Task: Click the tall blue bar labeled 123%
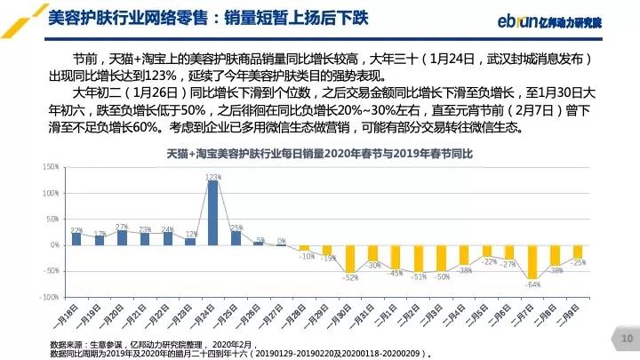pyautogui.click(x=212, y=212)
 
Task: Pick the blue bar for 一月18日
pyautogui.click(x=76, y=238)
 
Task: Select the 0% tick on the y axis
pyautogui.click(x=54, y=244)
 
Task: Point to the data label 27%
pyautogui.click(x=122, y=228)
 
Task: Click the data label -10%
pyautogui.click(x=305, y=256)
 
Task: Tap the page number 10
pyautogui.click(x=625, y=338)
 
